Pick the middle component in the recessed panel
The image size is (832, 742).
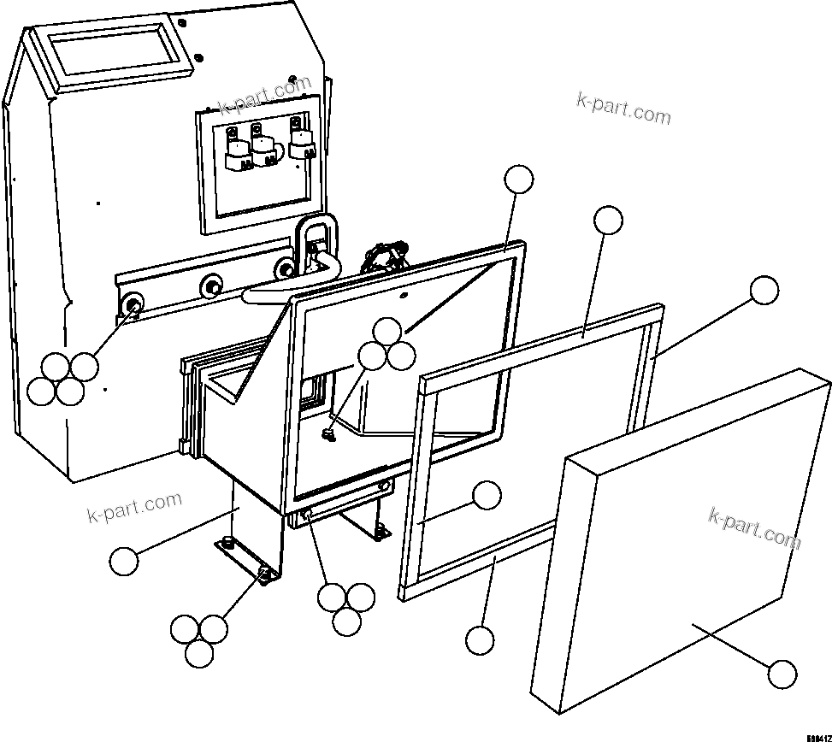coord(266,150)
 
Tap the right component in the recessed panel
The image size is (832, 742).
coord(300,144)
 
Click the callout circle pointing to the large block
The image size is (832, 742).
coord(782,674)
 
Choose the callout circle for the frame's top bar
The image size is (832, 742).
coord(608,220)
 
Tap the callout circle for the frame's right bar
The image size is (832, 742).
coord(764,291)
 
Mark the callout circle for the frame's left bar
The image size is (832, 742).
coord(487,495)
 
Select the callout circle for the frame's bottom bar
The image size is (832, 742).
coord(480,639)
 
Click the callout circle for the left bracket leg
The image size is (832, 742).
coord(124,562)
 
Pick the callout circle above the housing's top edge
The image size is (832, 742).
coord(518,180)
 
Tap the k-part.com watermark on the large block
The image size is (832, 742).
coord(753,527)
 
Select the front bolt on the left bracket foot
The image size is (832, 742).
coord(265,574)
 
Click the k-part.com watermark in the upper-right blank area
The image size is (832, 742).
coord(623,109)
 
